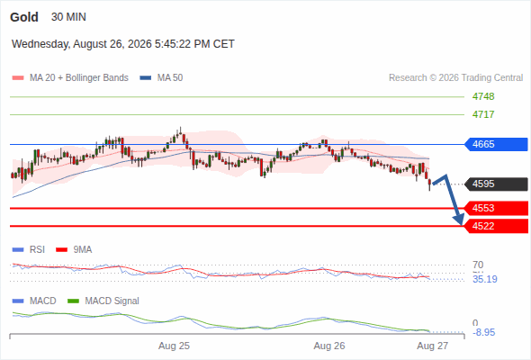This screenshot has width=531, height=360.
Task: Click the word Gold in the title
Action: [24, 17]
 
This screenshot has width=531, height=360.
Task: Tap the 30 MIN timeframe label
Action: [68, 17]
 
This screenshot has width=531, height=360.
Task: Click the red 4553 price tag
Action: [495, 208]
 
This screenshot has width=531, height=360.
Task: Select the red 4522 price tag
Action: [495, 226]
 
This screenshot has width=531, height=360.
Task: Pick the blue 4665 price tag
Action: [495, 144]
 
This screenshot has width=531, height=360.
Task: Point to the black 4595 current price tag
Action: [495, 184]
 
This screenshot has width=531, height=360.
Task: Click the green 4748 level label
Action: [483, 96]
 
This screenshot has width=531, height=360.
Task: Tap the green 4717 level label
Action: [483, 114]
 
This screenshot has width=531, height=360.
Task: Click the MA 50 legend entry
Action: [161, 78]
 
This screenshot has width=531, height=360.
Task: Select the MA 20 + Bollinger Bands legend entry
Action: [70, 78]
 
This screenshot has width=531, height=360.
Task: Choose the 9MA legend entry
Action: [74, 249]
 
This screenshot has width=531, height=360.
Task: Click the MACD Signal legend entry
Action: [103, 301]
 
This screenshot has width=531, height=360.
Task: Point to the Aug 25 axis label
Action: [174, 346]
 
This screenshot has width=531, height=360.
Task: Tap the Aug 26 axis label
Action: [329, 346]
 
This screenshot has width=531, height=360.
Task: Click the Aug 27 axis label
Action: [433, 346]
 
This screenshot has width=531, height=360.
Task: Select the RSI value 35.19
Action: [485, 279]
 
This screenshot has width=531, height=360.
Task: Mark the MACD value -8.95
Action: [484, 332]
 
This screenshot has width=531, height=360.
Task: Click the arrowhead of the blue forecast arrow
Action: [461, 221]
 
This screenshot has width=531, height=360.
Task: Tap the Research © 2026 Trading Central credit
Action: [455, 78]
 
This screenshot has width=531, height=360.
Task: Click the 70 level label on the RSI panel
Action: [478, 265]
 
